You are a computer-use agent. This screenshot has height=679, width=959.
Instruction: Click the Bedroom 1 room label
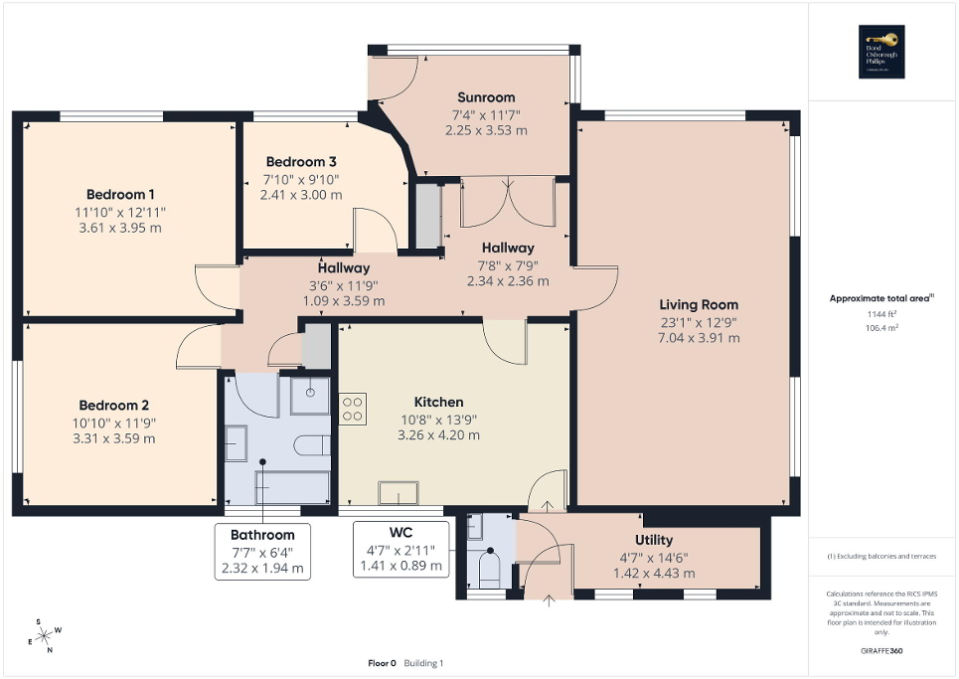click(x=120, y=194)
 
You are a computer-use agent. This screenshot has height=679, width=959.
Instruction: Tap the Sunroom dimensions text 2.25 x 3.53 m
click(x=486, y=130)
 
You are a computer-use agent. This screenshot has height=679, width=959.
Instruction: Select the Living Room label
click(x=699, y=304)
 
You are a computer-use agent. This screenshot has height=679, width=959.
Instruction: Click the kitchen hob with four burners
click(x=353, y=409)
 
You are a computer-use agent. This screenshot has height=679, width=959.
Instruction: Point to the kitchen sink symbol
click(x=398, y=493)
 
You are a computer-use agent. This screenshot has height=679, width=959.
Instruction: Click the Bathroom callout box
click(x=261, y=553)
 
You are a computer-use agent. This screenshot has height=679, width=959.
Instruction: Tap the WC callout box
click(x=402, y=550)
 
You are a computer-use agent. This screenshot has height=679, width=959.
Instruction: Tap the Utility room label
click(x=656, y=542)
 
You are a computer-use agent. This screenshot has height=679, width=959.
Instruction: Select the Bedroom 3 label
click(x=300, y=162)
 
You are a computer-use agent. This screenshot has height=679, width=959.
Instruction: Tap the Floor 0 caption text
click(x=383, y=662)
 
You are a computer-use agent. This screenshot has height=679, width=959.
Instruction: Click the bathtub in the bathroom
click(x=293, y=487)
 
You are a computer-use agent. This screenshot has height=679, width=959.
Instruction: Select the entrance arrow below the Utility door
click(x=550, y=599)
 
